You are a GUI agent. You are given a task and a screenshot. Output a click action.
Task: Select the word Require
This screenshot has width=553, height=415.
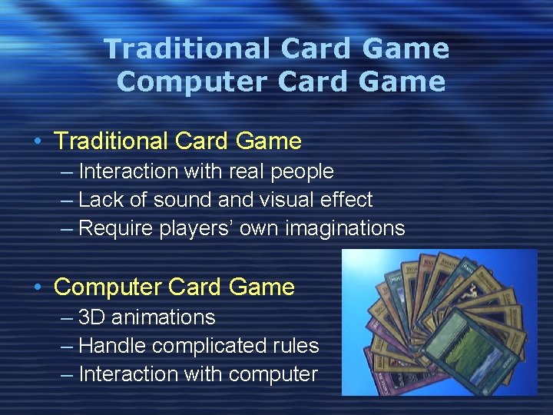(x=116, y=229)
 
